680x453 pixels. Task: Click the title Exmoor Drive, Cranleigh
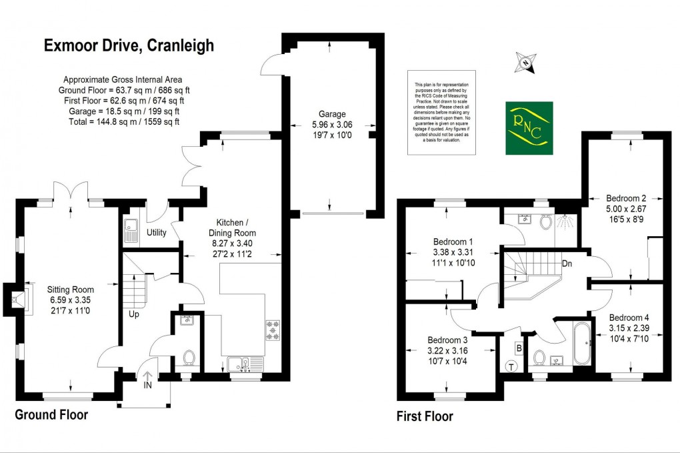point(129,45)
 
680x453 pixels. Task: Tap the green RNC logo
point(529,127)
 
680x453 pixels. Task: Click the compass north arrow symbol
point(526,64)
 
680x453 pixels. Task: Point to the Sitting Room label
point(70,290)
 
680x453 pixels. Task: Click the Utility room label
point(157,233)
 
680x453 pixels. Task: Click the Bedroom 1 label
point(453,242)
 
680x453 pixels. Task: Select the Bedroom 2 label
point(625,197)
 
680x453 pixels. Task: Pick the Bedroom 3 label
point(447,339)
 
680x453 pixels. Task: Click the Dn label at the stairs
point(567,263)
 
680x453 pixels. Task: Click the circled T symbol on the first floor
point(512,366)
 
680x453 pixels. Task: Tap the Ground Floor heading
point(51,414)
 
